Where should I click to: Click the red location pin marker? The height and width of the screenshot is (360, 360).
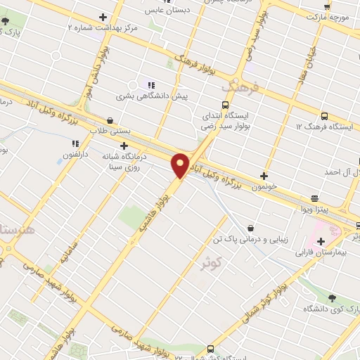click(x=181, y=165)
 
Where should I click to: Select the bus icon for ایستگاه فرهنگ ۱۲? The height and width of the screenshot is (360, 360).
click(x=324, y=115)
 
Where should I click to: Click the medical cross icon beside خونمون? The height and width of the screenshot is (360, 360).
click(x=264, y=176)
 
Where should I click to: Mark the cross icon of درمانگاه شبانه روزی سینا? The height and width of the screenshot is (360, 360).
click(x=124, y=145)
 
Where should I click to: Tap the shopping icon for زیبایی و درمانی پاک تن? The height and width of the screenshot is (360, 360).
click(x=251, y=226)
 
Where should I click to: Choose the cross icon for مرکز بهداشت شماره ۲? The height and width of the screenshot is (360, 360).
click(x=103, y=16)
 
